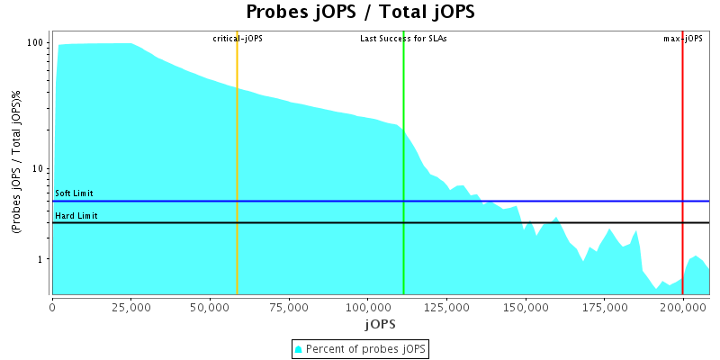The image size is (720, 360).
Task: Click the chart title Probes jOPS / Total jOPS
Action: (360, 12)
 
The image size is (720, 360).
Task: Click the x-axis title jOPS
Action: (380, 322)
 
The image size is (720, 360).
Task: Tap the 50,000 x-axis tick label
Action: (210, 307)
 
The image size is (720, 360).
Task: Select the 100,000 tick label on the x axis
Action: (367, 307)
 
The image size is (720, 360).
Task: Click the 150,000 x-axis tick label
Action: (525, 307)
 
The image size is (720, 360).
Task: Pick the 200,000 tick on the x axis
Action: (682, 307)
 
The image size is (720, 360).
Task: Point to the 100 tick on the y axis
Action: (36, 43)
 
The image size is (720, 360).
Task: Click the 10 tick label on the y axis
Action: (40, 169)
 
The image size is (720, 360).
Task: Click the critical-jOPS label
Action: (238, 39)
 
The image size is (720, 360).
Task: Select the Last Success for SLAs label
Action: (403, 39)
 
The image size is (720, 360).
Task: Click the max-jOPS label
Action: (683, 39)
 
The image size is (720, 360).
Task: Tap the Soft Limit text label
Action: (74, 193)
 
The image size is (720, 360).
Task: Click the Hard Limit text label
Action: (76, 216)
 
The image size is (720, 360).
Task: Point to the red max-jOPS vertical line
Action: (682, 135)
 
